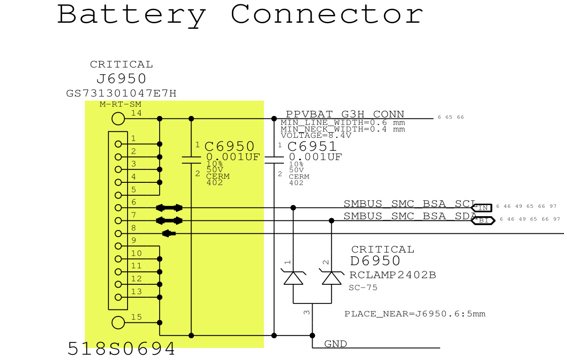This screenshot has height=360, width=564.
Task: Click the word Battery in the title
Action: (131, 14)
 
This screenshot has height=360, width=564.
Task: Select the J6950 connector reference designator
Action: (122, 78)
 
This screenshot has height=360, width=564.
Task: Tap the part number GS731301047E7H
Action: (122, 94)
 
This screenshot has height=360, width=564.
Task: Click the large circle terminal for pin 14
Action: (118, 119)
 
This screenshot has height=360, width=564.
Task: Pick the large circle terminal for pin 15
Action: (118, 322)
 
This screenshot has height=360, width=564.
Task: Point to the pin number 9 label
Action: (134, 240)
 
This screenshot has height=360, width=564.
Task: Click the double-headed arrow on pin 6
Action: (169, 208)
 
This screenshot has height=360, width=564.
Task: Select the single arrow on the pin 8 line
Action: (169, 233)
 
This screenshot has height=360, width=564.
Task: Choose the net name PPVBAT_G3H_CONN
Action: (345, 114)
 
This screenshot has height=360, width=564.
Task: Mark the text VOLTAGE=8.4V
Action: (315, 136)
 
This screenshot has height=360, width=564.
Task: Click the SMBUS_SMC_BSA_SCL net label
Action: (410, 204)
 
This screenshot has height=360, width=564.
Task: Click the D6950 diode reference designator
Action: (375, 261)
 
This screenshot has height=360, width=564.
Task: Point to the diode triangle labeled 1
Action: (293, 278)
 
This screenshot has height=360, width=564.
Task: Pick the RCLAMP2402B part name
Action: (392, 275)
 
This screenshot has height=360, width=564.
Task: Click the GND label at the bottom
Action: (335, 344)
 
